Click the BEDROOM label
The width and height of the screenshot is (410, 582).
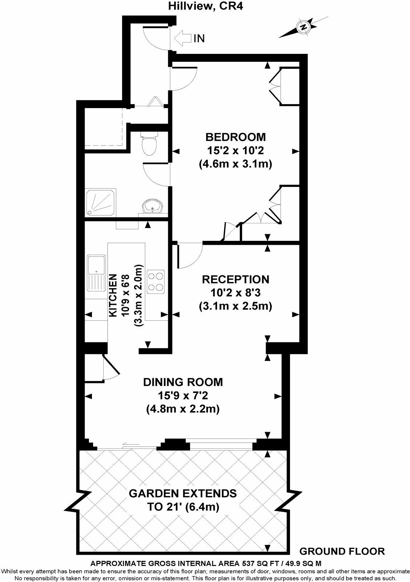tap(236, 137)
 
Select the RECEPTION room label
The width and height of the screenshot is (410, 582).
tap(236, 279)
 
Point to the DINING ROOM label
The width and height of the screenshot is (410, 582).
tap(183, 382)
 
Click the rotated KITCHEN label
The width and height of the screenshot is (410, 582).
tap(113, 295)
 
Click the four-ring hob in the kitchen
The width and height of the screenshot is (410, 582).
tap(156, 282)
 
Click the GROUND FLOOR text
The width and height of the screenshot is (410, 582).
tap(342, 551)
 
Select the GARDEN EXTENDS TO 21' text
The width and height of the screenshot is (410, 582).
tap(183, 500)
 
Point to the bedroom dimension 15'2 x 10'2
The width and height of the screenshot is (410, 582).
tap(236, 150)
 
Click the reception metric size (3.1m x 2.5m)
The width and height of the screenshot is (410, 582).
tap(236, 306)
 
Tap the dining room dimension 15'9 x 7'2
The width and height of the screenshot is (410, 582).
tap(183, 395)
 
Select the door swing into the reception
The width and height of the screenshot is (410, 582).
tap(190, 256)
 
